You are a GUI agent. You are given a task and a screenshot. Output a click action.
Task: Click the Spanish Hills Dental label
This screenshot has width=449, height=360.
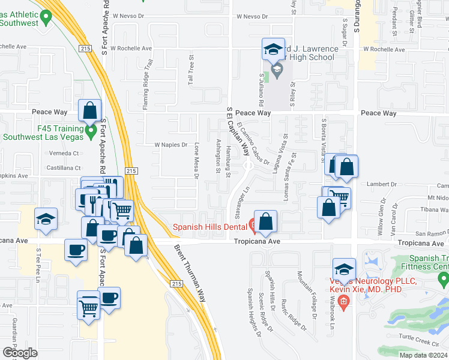click(210, 226)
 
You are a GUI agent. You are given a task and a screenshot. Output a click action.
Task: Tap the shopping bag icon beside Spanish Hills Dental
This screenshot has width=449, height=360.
click(265, 221)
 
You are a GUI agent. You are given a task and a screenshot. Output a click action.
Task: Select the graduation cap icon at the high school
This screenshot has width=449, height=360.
click(273, 49)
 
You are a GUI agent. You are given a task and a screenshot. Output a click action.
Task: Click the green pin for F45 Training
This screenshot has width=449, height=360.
click(91, 130)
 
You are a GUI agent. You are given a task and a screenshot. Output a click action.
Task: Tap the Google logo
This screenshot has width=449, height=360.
click(20, 353)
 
